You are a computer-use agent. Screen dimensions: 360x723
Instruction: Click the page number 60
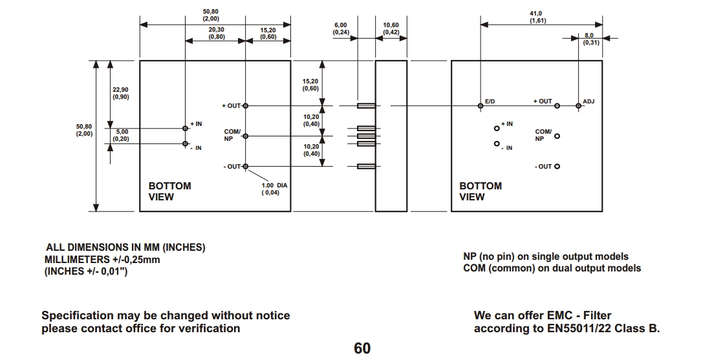coord(362,348)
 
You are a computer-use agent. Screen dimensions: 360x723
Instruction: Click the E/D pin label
coord(490,101)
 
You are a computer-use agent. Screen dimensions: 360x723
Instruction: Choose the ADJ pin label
coord(588,101)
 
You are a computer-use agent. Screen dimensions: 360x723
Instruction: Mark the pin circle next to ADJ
coord(578,106)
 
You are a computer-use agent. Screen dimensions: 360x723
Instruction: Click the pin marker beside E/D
coord(480,106)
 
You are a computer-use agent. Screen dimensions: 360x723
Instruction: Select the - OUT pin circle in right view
coord(557,166)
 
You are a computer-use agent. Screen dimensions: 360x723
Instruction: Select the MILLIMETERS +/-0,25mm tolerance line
coord(102,259)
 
